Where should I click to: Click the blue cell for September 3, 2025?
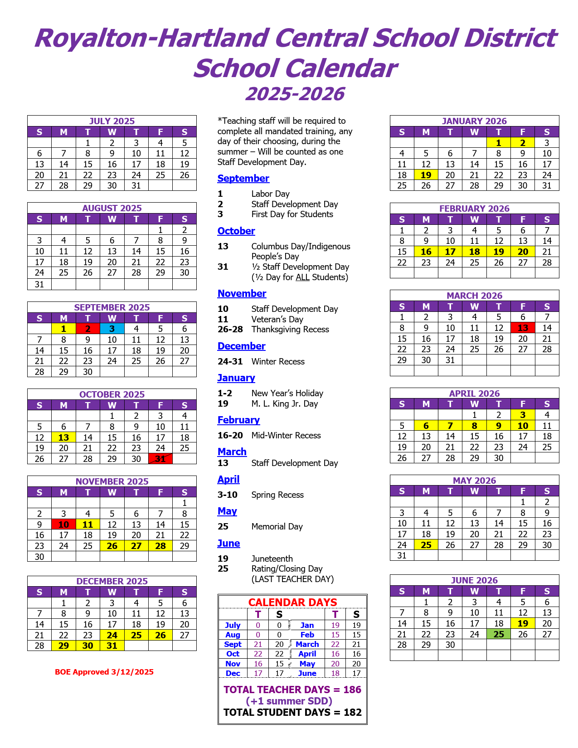[x=112, y=329]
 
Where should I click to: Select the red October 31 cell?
[x=160, y=459]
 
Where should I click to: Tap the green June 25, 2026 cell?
[x=499, y=634]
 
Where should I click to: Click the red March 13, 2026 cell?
[x=523, y=328]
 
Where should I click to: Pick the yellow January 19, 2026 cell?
[x=426, y=175]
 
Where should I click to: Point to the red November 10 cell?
[x=64, y=525]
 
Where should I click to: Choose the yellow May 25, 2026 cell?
[x=426, y=545]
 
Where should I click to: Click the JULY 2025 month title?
[x=112, y=121]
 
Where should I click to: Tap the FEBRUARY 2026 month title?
[x=474, y=209]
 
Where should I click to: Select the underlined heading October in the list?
[x=236, y=231]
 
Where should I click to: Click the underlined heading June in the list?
[x=228, y=544]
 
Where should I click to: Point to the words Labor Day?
[x=270, y=194]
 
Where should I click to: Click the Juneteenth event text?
[x=272, y=559]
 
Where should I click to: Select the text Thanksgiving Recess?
[x=290, y=330]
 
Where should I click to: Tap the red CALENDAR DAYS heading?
[x=292, y=602]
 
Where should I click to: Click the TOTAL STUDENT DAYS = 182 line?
[x=292, y=712]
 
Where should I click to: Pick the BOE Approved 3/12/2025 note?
[x=104, y=672]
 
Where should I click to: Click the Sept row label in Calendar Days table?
[x=233, y=644]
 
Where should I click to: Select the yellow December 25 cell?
[x=136, y=636]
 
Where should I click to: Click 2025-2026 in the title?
[x=295, y=94]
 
